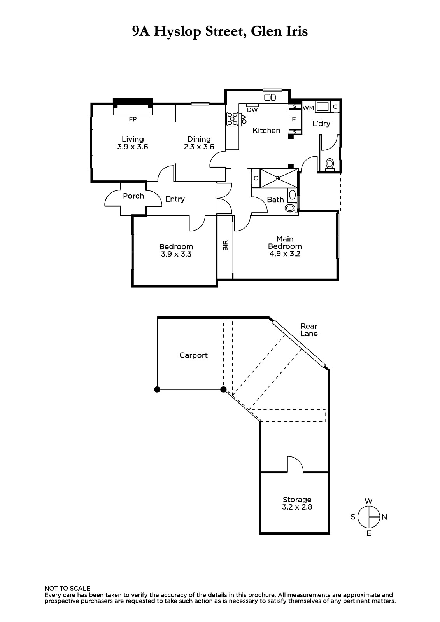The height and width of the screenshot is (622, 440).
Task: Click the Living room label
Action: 133,139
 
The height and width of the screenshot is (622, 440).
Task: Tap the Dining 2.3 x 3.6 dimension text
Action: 199,147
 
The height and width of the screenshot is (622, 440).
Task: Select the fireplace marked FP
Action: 133,107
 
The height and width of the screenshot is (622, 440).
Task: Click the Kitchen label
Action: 266,131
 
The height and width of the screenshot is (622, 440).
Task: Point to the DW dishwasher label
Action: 252,110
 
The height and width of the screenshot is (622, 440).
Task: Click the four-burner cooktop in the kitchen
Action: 232,119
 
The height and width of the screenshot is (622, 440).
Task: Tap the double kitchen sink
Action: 270,98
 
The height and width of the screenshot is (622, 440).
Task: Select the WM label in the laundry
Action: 308,108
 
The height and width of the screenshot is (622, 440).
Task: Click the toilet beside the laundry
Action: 330,164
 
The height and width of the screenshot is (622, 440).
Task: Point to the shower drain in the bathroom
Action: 278,178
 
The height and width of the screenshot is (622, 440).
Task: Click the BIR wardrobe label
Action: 225,245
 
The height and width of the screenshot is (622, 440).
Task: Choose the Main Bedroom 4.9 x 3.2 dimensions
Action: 285,254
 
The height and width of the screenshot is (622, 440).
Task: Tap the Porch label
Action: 133,196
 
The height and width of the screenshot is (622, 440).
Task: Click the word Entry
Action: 175,199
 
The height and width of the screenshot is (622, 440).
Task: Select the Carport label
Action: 193,355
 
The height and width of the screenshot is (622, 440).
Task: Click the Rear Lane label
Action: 309,330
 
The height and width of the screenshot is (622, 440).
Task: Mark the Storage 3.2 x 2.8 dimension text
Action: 297,507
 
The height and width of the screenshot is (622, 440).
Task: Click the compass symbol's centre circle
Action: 368,517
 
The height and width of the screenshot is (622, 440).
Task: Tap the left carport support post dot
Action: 157,390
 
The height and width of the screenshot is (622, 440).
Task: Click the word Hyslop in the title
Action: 177,31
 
